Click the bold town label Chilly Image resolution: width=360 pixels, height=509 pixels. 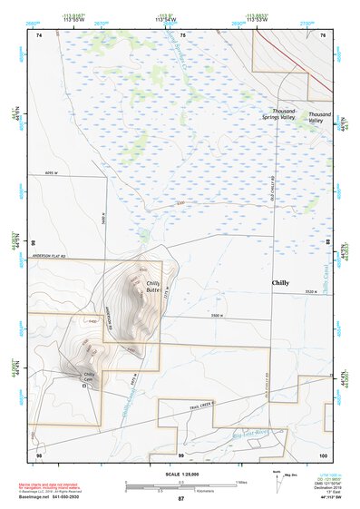pos(281,283)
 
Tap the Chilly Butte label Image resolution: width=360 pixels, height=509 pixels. pos(154,288)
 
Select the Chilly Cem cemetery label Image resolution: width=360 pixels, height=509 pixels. pos(89,376)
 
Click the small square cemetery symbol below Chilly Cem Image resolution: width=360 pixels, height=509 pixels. pos(84,386)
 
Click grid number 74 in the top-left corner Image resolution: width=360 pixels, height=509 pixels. pos(38,34)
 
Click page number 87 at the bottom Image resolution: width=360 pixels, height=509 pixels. pos(181,499)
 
